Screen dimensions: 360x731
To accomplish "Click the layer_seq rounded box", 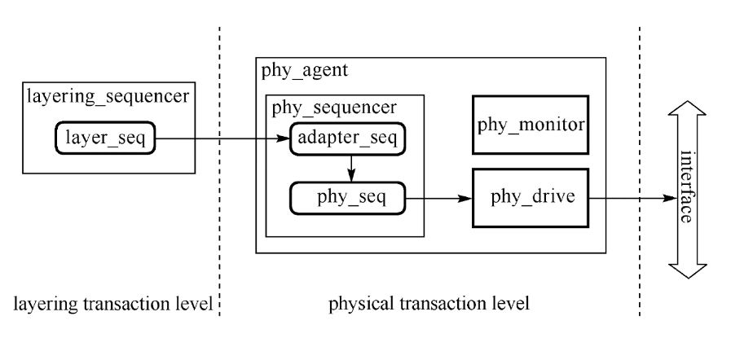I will (105, 138).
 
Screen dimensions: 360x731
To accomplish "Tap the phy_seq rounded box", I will (349, 196).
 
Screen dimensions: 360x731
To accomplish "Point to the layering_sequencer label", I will (108, 97).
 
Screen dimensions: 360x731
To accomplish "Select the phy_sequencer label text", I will (334, 107).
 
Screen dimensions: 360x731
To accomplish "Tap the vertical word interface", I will (685, 187).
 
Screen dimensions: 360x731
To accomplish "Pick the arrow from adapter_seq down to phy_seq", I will (350, 167).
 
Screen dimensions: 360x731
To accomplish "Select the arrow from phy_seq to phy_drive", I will (440, 197).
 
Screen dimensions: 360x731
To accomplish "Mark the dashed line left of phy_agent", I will (219, 244).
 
